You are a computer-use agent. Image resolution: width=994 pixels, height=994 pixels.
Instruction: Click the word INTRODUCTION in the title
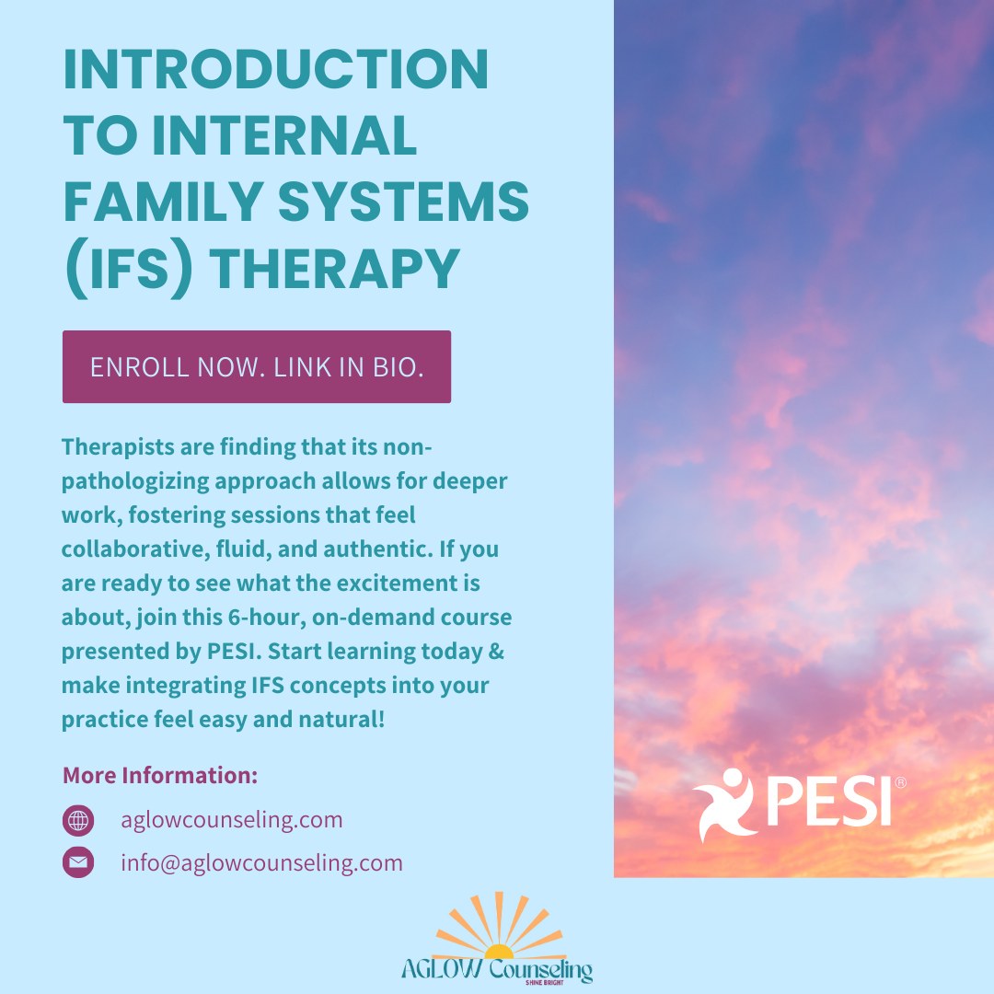[x=276, y=71]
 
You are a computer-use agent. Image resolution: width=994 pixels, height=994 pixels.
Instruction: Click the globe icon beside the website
[x=78, y=819]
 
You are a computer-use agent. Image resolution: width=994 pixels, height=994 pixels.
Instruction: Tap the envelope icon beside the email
[x=78, y=862]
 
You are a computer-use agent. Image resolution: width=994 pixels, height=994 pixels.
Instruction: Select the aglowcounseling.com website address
[x=231, y=819]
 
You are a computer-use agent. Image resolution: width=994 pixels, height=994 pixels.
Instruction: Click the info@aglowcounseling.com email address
[x=261, y=862]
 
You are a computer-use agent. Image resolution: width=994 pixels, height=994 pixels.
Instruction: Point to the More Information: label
[x=159, y=775]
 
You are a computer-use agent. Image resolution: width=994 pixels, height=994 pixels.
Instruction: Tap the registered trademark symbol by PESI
[x=900, y=782]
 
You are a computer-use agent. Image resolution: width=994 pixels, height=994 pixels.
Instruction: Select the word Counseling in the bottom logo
[x=544, y=968]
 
